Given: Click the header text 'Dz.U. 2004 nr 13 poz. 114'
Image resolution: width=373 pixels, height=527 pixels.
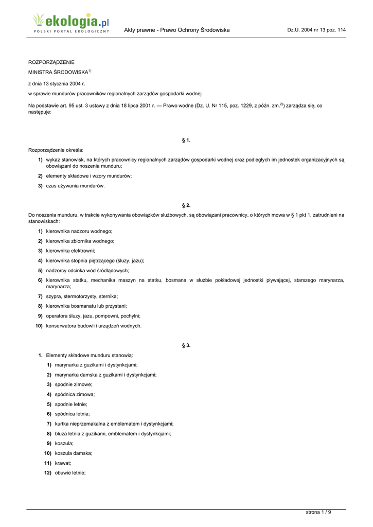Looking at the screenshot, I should click(x=316, y=30).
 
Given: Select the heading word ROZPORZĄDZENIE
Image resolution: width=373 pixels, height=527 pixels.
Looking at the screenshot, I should click(x=51, y=62).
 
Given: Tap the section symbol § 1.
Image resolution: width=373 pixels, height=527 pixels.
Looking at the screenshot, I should click(x=186, y=140).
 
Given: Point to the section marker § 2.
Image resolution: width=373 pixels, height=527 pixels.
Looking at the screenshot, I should click(x=186, y=205).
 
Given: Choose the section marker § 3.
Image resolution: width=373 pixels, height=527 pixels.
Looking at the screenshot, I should click(x=186, y=345).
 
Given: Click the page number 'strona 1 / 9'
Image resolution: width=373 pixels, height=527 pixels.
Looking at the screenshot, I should click(x=318, y=512).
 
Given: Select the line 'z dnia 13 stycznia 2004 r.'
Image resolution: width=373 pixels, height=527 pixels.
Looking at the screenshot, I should click(x=56, y=83).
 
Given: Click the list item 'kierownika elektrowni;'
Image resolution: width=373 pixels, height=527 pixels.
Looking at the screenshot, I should click(x=70, y=251).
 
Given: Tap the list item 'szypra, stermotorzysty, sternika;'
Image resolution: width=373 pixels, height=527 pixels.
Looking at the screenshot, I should click(x=82, y=296).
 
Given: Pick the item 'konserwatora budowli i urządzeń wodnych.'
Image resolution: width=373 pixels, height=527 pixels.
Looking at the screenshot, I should click(x=94, y=326).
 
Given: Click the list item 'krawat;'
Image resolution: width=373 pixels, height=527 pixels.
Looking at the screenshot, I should click(x=63, y=463).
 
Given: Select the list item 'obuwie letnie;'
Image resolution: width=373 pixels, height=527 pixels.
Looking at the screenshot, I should click(x=70, y=473).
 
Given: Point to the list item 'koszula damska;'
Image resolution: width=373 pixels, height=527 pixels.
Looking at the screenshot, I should click(x=74, y=453).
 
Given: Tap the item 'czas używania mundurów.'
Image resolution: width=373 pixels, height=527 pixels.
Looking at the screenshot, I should click(x=75, y=186).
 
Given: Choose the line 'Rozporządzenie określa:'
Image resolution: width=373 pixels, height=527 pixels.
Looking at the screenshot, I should click(x=56, y=150).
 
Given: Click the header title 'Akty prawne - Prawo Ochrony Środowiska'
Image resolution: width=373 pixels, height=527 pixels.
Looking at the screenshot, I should click(x=177, y=30).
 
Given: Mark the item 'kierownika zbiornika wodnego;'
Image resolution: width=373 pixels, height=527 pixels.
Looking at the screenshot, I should click(x=80, y=241).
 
